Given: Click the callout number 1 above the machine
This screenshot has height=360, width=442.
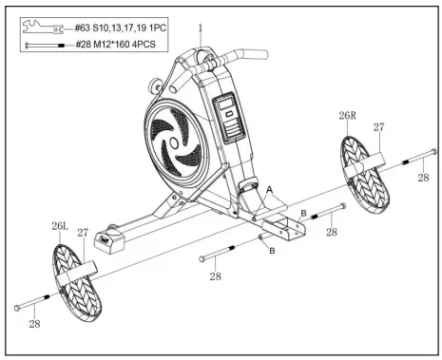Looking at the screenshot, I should coord(200,28).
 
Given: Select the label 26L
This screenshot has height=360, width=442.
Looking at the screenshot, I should coord(61,227).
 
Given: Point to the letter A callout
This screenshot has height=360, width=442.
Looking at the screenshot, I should coord(269,190).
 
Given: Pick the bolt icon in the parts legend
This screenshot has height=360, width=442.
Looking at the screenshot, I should coord(45,44).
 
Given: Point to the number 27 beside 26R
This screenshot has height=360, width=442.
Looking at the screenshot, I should coord(378,126).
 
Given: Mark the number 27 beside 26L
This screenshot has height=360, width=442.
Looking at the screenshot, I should coord(83,232).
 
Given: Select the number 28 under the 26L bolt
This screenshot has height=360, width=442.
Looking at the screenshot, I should coord(34,325).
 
